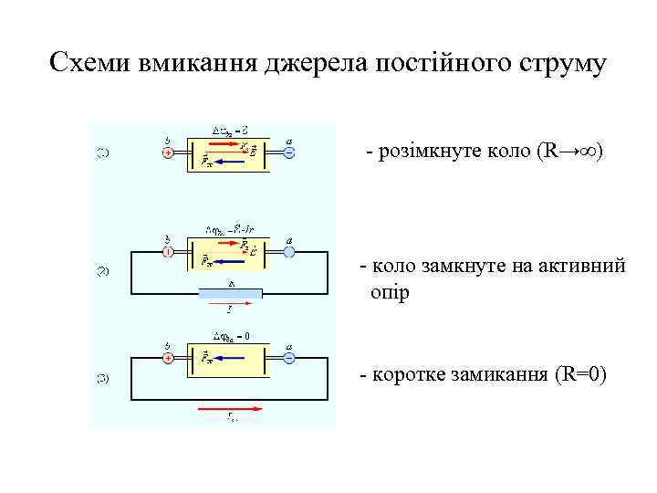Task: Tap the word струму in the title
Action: point(560,63)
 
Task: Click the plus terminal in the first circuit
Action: point(168,153)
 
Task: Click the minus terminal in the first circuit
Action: point(288,153)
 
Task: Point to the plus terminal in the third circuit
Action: point(168,359)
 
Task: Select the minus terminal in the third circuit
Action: point(288,359)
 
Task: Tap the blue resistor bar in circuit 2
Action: point(231,292)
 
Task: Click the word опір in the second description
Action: point(391,292)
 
